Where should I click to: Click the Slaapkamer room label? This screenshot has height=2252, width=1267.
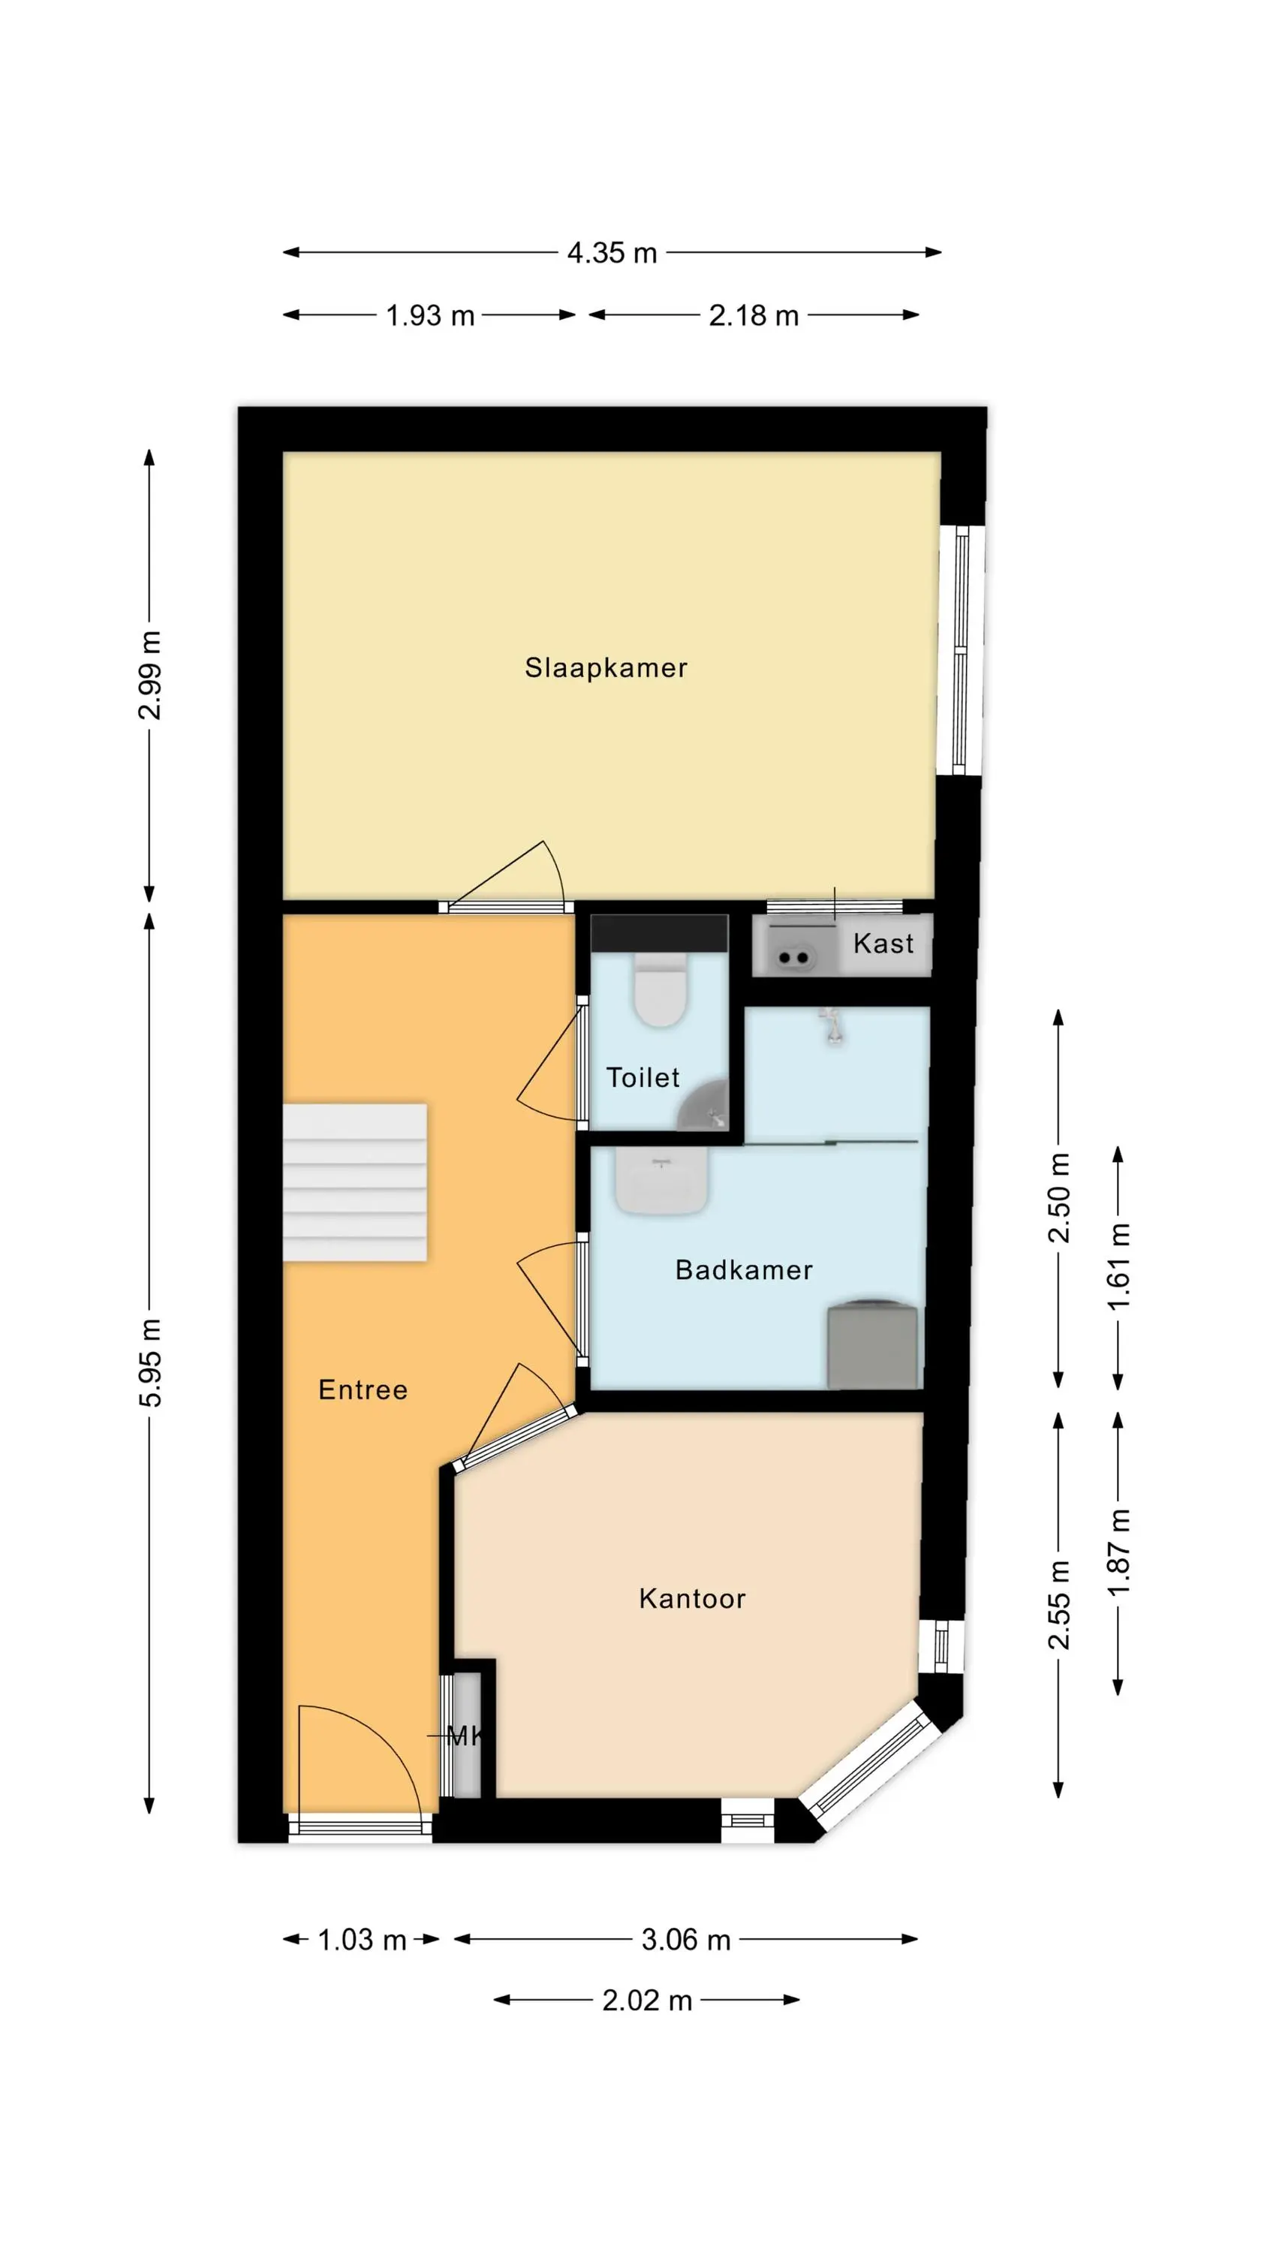(606, 668)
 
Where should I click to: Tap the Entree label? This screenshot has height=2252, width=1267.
(363, 1390)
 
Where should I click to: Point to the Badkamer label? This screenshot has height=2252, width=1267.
(744, 1270)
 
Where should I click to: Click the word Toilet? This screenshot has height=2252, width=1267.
(643, 1078)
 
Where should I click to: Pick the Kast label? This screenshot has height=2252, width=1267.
(883, 944)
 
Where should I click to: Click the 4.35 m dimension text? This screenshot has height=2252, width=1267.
(612, 253)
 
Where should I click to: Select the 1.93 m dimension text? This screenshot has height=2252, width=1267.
(430, 315)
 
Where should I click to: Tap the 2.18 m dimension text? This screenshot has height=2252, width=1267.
(754, 315)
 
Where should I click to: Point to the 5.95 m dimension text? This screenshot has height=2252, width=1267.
(150, 1363)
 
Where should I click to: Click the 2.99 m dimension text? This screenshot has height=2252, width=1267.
(150, 675)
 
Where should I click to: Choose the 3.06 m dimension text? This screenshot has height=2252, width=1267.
(685, 1940)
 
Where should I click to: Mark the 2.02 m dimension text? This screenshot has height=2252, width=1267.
(647, 2001)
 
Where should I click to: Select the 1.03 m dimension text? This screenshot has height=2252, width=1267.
(362, 1940)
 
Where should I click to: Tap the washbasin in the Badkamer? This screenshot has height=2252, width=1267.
(661, 1180)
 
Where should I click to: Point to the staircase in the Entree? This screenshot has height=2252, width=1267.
(355, 1182)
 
